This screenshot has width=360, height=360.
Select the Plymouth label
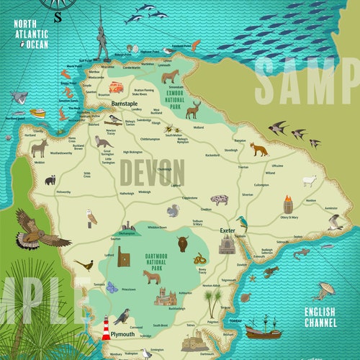(123, 335)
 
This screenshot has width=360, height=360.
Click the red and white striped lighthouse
(106, 327)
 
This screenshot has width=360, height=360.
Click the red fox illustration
(258, 149)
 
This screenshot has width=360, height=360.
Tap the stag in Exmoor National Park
(192, 109)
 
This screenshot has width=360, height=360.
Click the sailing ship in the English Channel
(261, 329)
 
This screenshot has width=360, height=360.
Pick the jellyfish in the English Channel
(328, 289)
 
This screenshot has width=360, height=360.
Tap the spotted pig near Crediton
(219, 199)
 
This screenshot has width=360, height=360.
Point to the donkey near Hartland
(39, 148)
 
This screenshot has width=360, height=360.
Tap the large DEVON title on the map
(151, 173)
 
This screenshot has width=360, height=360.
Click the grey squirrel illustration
(173, 211)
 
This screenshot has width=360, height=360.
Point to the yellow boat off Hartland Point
(37, 114)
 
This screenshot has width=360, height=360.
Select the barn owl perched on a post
(91, 217)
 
